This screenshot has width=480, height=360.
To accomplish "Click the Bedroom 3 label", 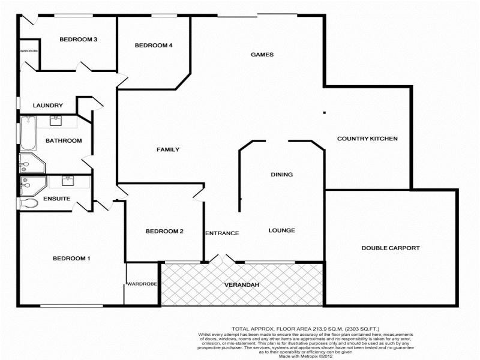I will (79, 40).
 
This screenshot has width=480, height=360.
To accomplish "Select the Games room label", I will (262, 55).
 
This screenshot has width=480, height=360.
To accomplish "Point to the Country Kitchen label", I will (367, 139).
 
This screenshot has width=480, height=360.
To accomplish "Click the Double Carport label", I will (390, 248).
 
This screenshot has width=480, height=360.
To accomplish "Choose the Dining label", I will (281, 175).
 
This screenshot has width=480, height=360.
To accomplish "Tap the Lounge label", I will (281, 230).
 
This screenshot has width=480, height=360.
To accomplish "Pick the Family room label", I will (168, 149).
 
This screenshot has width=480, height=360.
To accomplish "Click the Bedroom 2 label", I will (164, 232).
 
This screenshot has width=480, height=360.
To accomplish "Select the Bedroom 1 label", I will (71, 259).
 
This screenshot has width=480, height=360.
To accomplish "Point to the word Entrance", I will (223, 233).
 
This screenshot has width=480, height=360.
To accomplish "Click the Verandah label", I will (242, 284).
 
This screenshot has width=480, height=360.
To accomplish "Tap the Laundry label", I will (48, 106).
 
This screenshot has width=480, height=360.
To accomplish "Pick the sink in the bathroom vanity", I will (56, 121).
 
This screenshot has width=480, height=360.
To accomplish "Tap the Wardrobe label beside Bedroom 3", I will (29, 51).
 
